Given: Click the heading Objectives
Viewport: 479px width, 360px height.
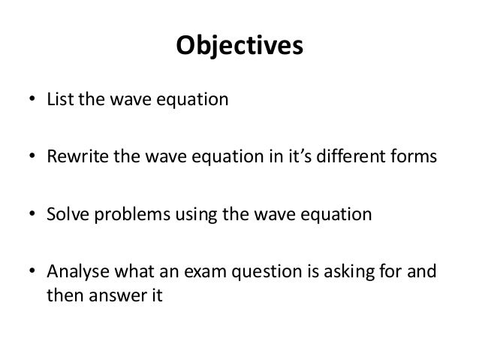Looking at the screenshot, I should pos(239,47).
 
